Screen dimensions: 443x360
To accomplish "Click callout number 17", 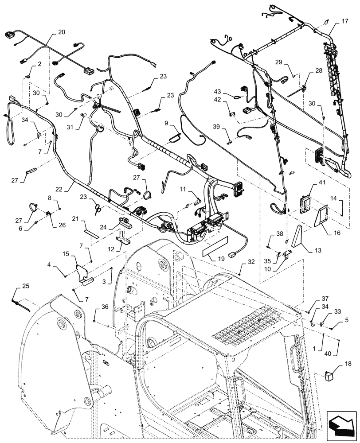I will point(345,21).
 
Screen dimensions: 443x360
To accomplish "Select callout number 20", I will point(61,32).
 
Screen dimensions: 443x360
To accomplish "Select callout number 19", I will point(208,262).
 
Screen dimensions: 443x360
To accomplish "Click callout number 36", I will point(105,306).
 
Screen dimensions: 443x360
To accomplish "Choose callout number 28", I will point(319,70).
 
